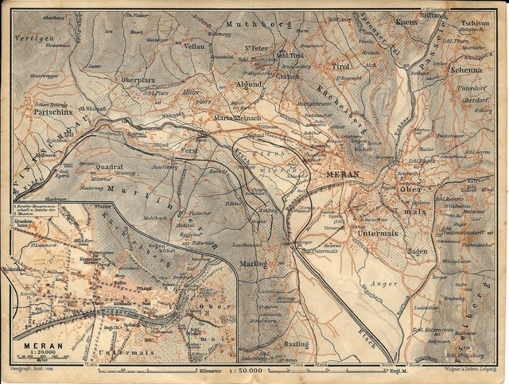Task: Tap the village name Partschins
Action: click(48, 113)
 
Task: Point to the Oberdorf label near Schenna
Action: click(474, 100)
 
